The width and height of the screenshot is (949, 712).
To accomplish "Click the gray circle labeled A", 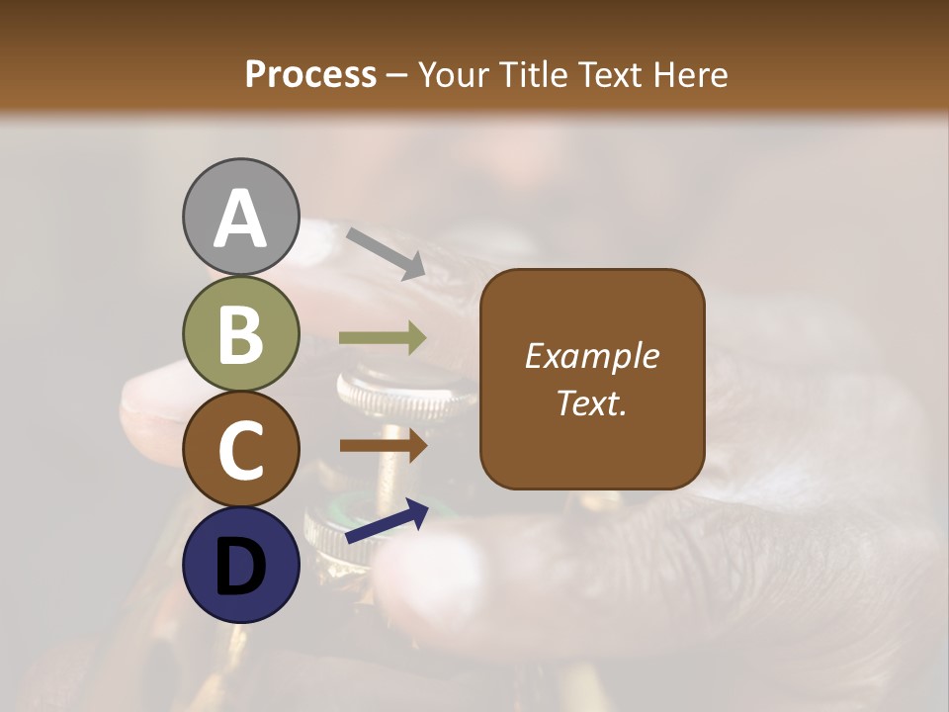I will pyautogui.click(x=240, y=217).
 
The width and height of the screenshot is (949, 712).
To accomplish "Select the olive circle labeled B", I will pyautogui.click(x=240, y=333).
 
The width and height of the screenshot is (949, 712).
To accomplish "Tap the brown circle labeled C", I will pyautogui.click(x=240, y=449).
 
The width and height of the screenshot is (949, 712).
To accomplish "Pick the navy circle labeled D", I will pyautogui.click(x=240, y=565).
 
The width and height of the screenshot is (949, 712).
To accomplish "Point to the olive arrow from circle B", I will pyautogui.click(x=383, y=338).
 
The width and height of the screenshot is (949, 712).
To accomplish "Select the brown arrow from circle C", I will pyautogui.click(x=383, y=446).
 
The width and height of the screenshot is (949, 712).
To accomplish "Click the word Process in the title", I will pyautogui.click(x=310, y=75).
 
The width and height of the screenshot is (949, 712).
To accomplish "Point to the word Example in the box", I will pyautogui.click(x=591, y=356).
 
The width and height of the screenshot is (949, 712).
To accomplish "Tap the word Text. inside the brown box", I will pyautogui.click(x=591, y=402).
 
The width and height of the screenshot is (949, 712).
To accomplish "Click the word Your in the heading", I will pyautogui.click(x=455, y=75).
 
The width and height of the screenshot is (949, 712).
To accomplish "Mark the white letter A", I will pyautogui.click(x=240, y=219).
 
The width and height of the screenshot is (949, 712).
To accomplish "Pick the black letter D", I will pyautogui.click(x=240, y=567).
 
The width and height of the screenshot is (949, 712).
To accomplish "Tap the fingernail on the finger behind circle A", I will pyautogui.click(x=314, y=243).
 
